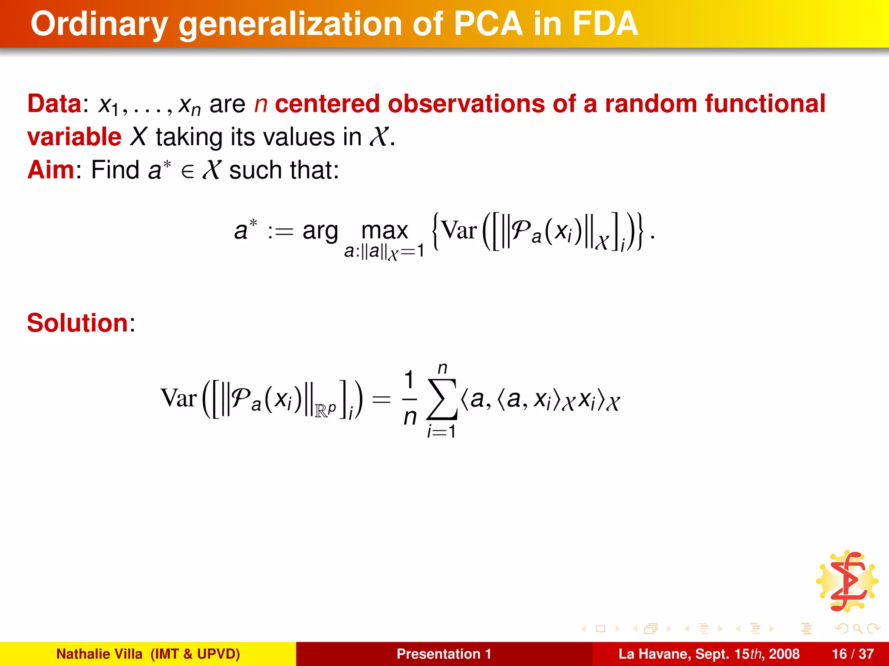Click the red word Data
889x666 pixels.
point(54,104)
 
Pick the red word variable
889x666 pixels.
point(74,137)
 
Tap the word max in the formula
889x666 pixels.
point(385,231)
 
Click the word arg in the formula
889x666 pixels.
point(320,231)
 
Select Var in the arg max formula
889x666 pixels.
point(459,231)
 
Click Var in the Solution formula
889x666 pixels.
point(178,398)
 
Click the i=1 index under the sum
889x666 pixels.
point(441,432)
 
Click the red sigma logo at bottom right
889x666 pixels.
point(847,581)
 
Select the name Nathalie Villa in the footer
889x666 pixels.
point(99,654)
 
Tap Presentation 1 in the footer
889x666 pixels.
point(444,654)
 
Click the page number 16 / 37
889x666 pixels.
point(853,654)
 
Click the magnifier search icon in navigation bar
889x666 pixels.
point(857,628)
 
